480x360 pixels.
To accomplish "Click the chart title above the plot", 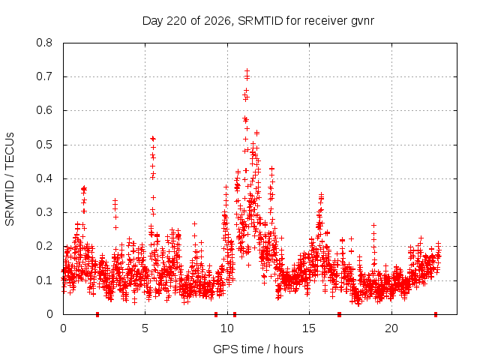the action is (x=258, y=21).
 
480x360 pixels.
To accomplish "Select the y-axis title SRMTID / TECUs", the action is (x=10, y=179).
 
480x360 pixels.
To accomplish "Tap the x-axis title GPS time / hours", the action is (x=258, y=349).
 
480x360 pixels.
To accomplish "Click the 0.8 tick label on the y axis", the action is (x=44, y=43).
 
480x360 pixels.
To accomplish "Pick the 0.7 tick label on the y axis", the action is (x=44, y=76).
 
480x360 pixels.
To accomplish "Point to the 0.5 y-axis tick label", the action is (x=44, y=145).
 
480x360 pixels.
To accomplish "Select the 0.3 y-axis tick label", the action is (x=44, y=212).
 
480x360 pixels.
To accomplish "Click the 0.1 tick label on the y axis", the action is (x=44, y=280).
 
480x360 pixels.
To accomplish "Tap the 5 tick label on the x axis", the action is (x=145, y=328).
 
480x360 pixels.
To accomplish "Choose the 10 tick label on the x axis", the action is (x=227, y=328).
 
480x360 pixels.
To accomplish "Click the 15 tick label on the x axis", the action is (x=309, y=328).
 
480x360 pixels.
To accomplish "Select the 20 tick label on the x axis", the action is (x=391, y=328).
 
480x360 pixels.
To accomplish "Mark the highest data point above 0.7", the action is (x=247, y=71).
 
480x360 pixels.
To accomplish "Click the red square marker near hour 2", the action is (x=97, y=314).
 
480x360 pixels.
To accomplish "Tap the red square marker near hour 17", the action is (x=339, y=314).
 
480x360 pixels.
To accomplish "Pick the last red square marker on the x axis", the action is (x=436, y=314).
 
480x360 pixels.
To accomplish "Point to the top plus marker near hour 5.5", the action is (x=153, y=138).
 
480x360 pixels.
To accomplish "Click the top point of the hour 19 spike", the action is (x=373, y=226).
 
